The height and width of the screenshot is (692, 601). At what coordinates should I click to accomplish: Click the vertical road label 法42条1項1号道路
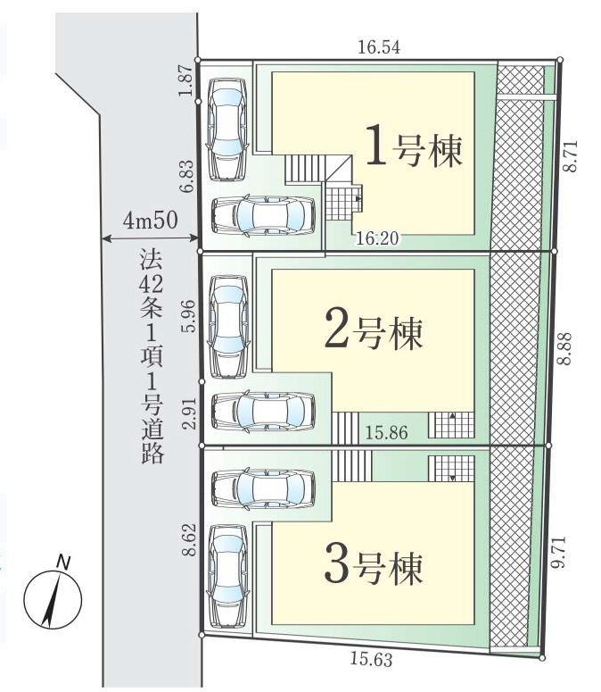click(151, 357)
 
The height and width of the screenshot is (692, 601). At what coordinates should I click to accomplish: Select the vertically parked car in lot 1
click(227, 129)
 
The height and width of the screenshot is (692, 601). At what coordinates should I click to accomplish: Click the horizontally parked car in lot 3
click(264, 488)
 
